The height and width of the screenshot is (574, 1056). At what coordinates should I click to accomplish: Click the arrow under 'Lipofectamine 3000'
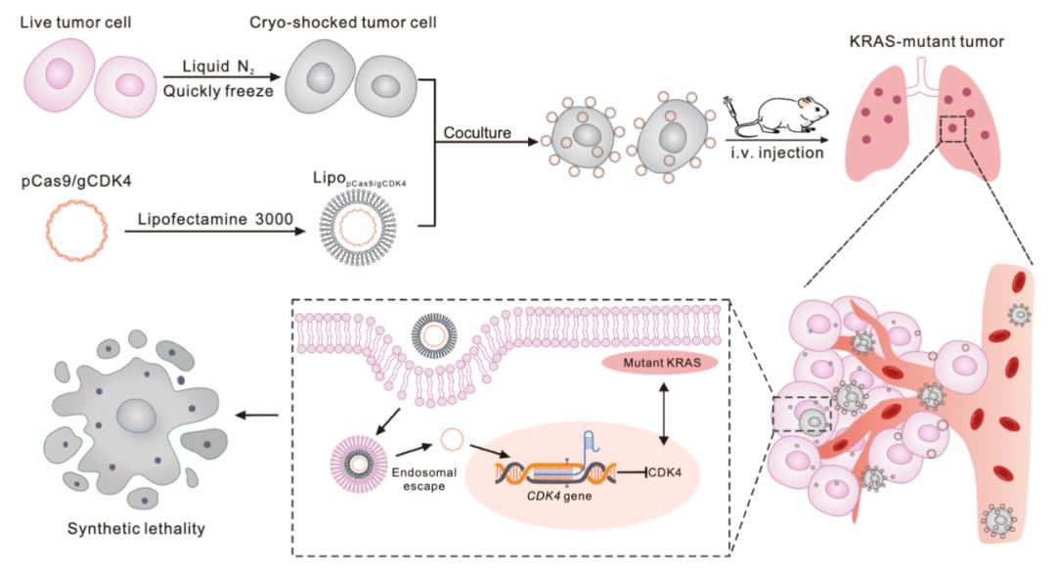212,235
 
